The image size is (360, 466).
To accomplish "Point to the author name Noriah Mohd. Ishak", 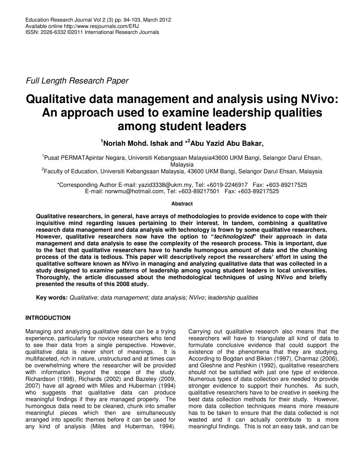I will [x=135, y=143].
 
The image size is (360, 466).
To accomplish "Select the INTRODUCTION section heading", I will [x=48, y=318].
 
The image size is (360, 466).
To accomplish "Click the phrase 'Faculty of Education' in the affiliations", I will [x=70, y=172].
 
